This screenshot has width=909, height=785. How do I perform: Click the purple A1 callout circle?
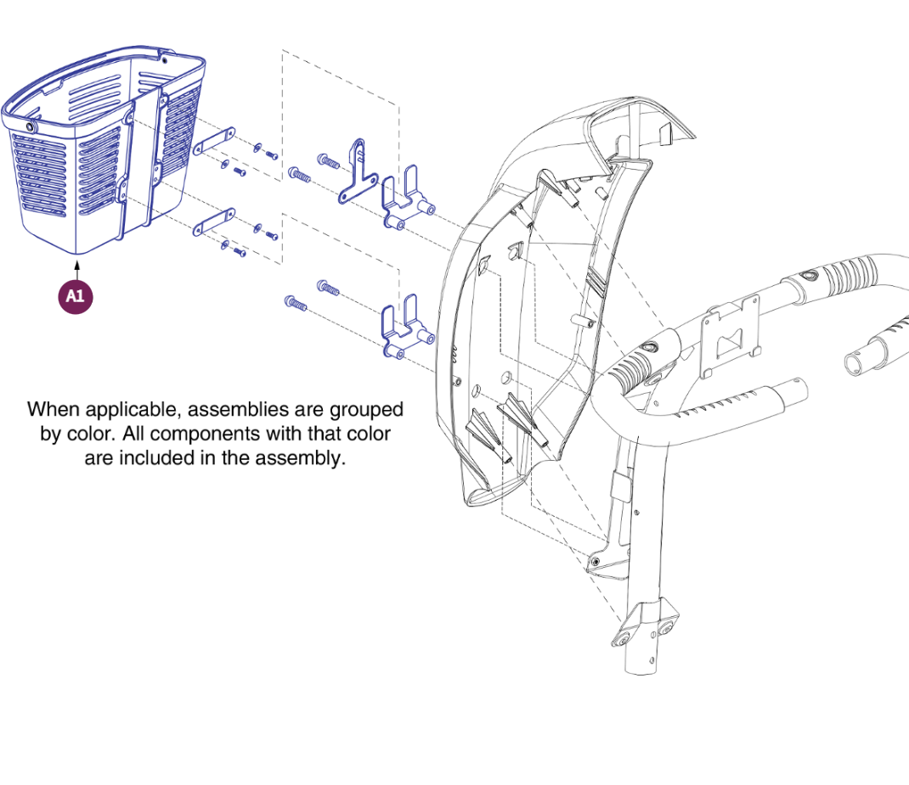pos(76,297)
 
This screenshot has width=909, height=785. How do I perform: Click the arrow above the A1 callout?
pos(76,271)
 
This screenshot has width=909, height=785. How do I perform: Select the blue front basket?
pos(103,149)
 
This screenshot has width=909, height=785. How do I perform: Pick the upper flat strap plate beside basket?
pos(214,141)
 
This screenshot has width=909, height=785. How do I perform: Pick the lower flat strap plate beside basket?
pos(214,222)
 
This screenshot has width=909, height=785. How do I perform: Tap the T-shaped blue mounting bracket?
pos(358,172)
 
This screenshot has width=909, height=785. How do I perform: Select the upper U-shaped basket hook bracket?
pos(407,198)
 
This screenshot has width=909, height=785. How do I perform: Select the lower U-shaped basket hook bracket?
pos(407,327)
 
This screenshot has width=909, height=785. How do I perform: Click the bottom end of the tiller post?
pos(641,668)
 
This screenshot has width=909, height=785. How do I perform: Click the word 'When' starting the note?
pos(54,409)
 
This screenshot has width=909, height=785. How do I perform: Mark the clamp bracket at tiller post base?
pos(645,624)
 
